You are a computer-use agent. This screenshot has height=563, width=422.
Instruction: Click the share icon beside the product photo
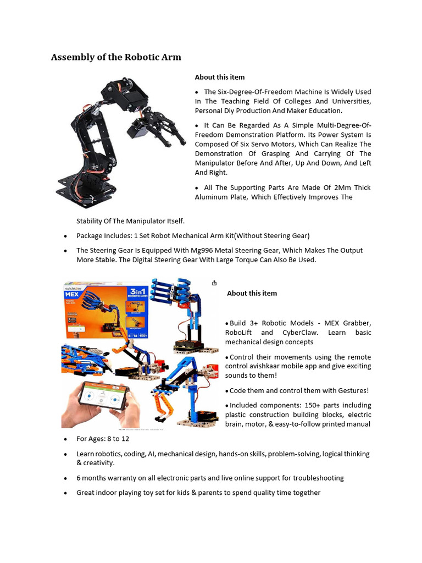point(214,283)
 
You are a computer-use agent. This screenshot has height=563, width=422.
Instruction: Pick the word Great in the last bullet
point(86,493)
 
